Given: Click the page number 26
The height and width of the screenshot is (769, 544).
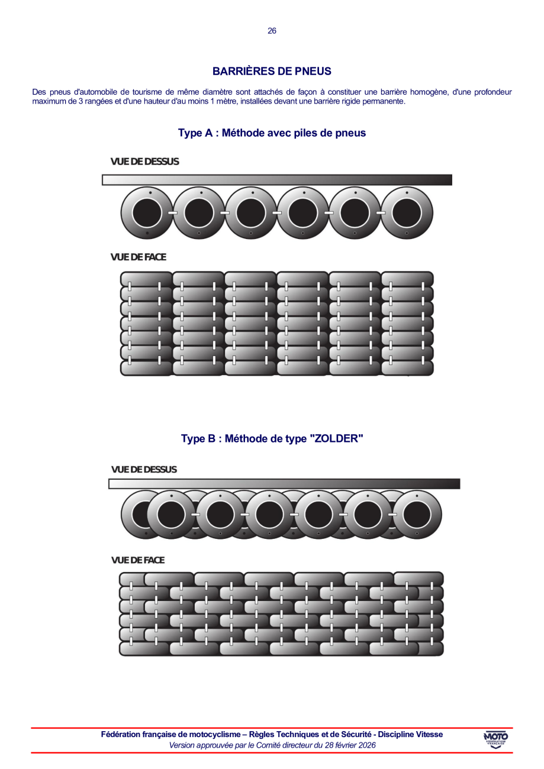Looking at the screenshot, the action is point(272,31).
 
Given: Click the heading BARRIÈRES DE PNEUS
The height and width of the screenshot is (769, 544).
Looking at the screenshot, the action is point(272,71).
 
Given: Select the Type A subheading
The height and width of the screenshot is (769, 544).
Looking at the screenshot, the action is point(272,133).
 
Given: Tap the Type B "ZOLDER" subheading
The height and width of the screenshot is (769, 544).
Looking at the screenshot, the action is point(272,439).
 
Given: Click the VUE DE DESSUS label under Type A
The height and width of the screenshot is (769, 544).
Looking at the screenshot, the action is point(144,161).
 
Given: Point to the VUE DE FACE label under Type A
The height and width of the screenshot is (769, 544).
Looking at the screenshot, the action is point(138,257).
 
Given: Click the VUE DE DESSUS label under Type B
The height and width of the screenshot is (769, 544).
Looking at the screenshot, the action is point(144,469).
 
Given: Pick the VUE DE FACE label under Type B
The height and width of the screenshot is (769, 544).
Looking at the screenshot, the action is point(138,560).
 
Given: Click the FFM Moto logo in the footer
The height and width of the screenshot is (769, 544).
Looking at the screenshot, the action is point(495,739).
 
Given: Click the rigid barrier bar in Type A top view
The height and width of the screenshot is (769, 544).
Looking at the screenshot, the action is point(277,180).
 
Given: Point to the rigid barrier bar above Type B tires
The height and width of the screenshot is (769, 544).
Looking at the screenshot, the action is point(284,484).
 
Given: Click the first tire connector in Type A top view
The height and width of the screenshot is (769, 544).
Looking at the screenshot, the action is point(173,213).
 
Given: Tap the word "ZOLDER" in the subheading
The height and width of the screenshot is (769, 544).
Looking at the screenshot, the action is point(337,439).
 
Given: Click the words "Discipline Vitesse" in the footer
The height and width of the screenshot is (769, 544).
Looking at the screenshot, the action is point(410,734).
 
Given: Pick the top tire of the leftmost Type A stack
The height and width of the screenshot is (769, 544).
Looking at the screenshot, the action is point(146,279).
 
